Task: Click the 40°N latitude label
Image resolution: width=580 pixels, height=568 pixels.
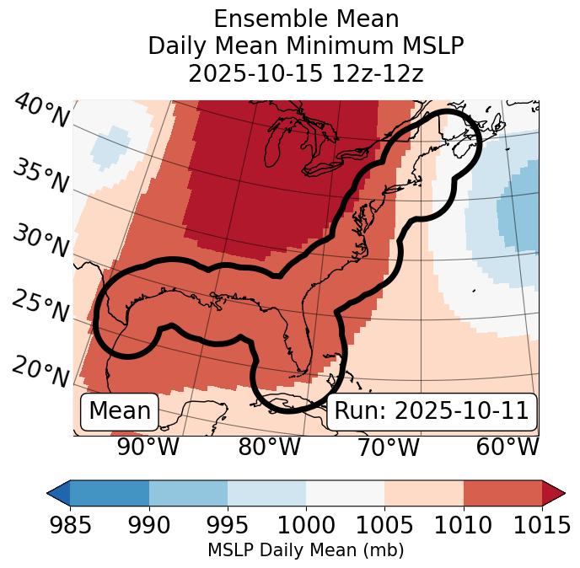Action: [41, 111]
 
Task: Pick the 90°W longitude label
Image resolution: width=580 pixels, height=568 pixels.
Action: [148, 447]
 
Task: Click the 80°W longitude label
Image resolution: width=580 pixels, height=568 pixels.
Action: [269, 447]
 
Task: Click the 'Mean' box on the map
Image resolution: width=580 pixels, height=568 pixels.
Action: [120, 411]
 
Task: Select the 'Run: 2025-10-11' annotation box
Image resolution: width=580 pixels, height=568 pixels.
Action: [432, 411]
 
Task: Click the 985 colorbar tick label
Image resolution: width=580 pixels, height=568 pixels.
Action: [70, 525]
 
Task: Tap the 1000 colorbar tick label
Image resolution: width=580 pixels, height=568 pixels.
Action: [306, 525]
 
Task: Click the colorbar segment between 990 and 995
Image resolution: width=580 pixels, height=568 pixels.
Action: [188, 493]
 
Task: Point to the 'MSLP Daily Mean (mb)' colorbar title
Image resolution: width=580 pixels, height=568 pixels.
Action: [306, 551]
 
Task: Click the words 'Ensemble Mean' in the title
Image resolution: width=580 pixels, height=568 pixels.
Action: [306, 19]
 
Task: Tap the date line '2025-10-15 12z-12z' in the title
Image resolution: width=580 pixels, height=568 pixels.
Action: [306, 73]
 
